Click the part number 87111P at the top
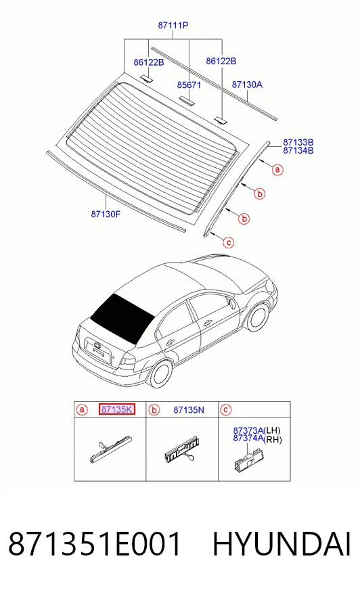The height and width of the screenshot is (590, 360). point(173,25)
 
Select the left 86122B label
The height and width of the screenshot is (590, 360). point(149,62)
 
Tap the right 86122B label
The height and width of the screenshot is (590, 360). point(221,61)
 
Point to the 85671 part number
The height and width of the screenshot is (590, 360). point(189,85)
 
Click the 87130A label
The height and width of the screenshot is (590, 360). point(247,85)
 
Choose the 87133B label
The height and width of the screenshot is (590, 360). point(298,142)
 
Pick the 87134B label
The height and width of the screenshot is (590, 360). point(298,150)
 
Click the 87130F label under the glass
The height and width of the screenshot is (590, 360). point(106,214)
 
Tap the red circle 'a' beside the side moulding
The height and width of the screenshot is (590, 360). point(277,170)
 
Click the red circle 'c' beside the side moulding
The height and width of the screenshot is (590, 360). point(228,243)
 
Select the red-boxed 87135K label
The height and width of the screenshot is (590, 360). point(116,409)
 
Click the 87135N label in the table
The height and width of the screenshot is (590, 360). point(189,410)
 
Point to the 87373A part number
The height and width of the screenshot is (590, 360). point(248,430)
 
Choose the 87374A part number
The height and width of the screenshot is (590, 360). point(248,438)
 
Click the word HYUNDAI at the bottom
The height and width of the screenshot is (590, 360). point(282,545)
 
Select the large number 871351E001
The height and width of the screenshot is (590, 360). point(95,545)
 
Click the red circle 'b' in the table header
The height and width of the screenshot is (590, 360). point(154,410)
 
